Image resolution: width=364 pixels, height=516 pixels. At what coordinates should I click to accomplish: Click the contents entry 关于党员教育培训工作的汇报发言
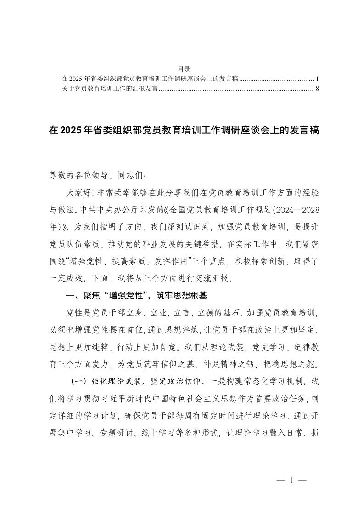coord(109,88)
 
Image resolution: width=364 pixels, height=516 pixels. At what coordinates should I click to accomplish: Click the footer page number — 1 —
coord(291,481)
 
